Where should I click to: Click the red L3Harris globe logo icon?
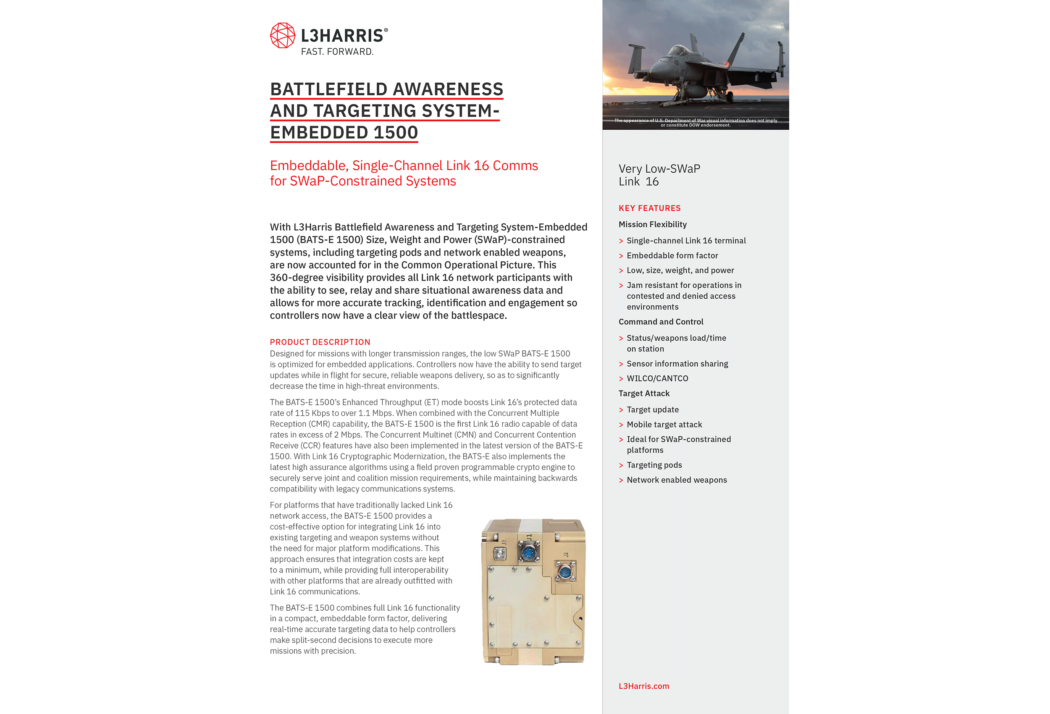(x=282, y=35)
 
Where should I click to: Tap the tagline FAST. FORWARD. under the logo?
(x=337, y=52)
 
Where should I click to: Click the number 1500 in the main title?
(x=395, y=132)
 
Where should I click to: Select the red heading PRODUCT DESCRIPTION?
(x=320, y=342)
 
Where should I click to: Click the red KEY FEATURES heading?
(x=649, y=208)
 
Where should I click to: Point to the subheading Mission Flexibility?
(x=652, y=225)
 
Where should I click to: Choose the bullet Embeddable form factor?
(x=672, y=256)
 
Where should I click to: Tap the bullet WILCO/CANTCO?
(x=657, y=379)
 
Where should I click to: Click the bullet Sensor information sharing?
(x=677, y=364)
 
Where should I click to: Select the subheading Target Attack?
(x=644, y=394)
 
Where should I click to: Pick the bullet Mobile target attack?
(x=664, y=425)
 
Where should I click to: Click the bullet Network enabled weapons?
(x=676, y=480)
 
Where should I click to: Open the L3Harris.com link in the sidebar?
(x=643, y=686)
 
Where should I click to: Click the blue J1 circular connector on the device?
(x=528, y=552)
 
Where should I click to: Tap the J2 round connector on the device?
(x=565, y=572)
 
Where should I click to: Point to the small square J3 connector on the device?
(x=500, y=554)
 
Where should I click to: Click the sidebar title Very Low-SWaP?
(x=659, y=168)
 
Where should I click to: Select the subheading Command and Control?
(x=661, y=322)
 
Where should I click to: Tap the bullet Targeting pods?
(x=654, y=465)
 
